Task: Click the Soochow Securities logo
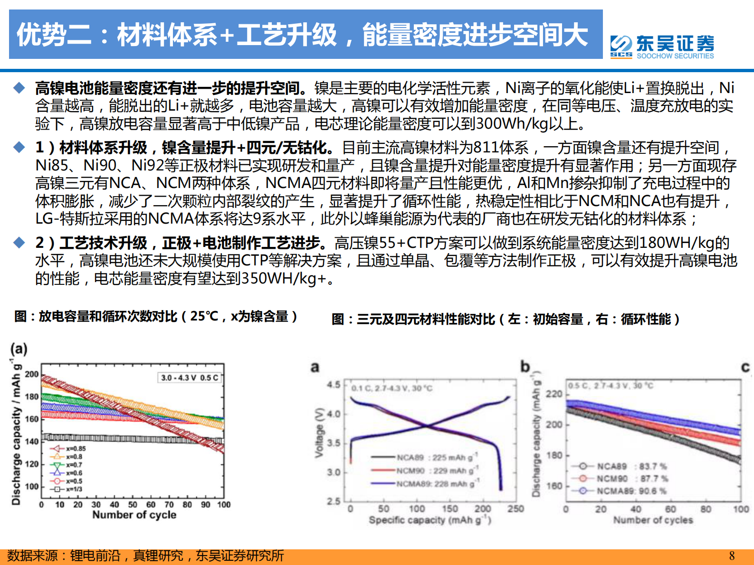click(662, 47)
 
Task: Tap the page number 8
click(732, 556)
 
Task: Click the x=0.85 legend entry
click(69, 449)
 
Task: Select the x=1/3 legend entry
click(68, 489)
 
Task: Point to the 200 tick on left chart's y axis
click(32, 374)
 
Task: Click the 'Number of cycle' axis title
click(134, 515)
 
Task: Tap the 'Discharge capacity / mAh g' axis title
click(16, 432)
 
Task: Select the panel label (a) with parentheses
click(19, 349)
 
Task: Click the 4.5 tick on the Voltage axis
click(334, 385)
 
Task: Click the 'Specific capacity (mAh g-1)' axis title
click(429, 520)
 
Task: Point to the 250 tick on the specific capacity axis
click(515, 509)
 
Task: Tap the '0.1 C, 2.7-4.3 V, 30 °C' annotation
click(392, 388)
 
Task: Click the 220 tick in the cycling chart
click(554, 394)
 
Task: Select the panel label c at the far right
click(745, 367)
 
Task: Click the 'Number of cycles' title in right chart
click(653, 520)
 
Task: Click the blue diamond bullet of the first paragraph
click(19, 88)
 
